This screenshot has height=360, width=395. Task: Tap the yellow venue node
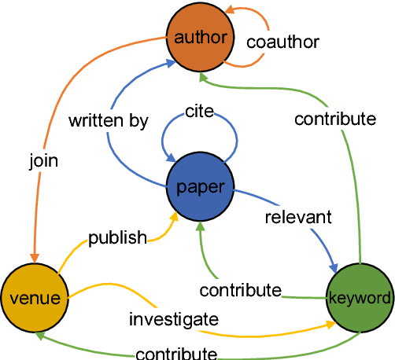31,297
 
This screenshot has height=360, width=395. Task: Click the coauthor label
282,41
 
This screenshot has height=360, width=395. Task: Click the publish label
118,237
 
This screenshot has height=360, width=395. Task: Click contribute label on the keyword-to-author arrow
335,119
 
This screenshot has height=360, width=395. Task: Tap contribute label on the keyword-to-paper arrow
240,290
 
